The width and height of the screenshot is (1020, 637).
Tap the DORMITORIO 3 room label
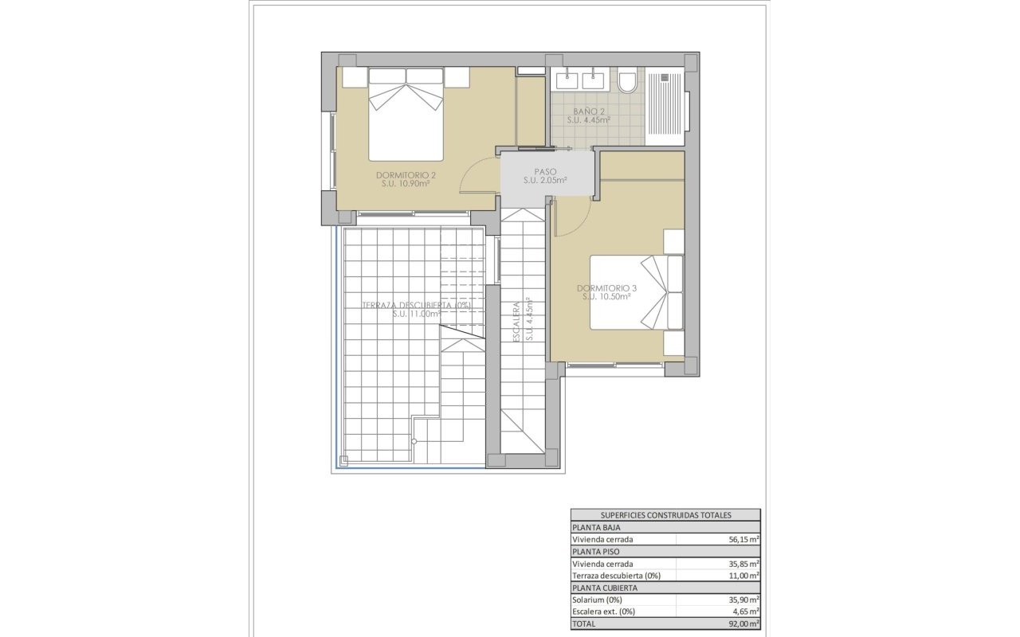click(606, 291)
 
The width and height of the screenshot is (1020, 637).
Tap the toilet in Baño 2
click(627, 81)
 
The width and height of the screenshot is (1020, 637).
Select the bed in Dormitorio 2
click(406, 115)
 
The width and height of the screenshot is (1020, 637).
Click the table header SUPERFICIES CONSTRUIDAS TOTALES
click(665, 515)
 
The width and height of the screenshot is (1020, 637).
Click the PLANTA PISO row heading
click(597, 551)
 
